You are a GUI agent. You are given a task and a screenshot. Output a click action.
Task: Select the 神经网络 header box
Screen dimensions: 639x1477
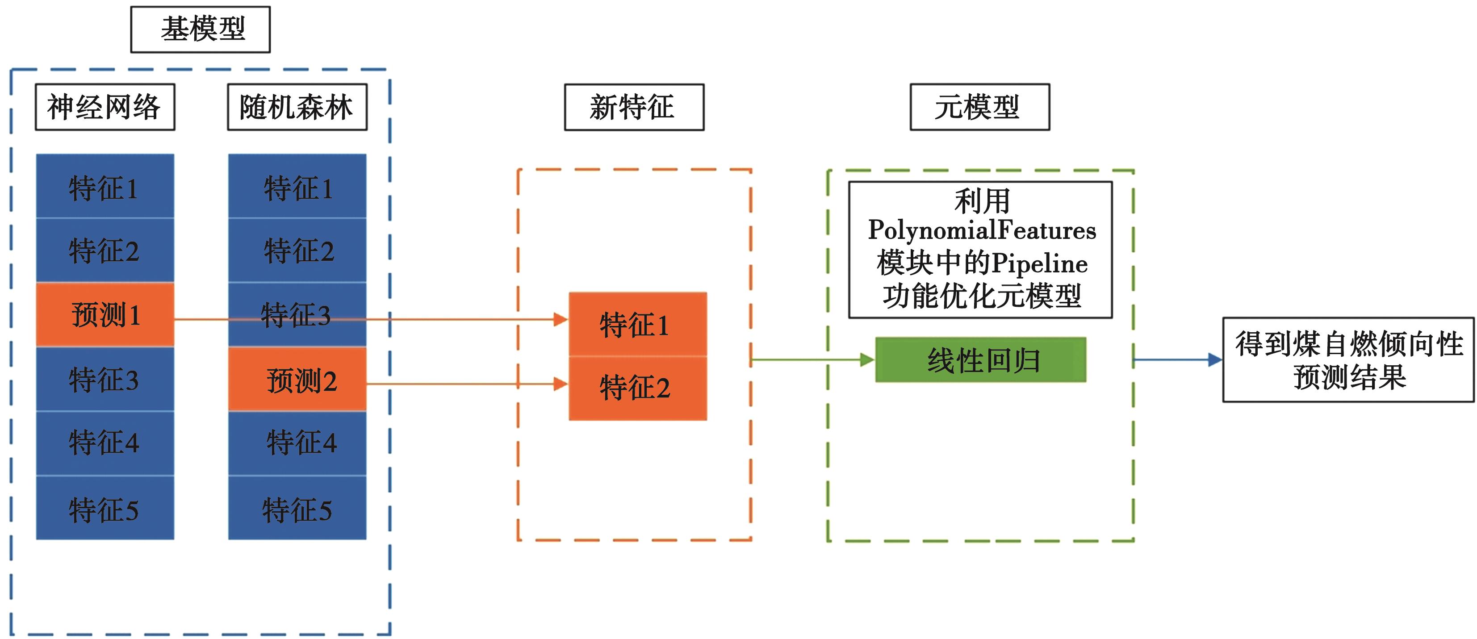tap(105, 107)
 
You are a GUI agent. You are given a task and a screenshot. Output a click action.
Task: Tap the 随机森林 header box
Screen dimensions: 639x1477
tap(297, 107)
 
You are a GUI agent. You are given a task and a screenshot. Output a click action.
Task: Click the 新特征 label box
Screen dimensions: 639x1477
tap(634, 107)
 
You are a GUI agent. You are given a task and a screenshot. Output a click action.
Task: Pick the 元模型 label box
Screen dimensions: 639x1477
tap(979, 107)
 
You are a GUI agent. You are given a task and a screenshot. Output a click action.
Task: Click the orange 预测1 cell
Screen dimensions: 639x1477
tap(105, 315)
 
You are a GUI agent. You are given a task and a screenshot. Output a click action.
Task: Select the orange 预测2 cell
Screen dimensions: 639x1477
tap(297, 380)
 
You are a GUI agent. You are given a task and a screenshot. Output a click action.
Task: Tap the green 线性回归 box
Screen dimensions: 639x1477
tap(980, 360)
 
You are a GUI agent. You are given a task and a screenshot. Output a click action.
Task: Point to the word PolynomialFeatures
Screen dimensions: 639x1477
tap(982, 230)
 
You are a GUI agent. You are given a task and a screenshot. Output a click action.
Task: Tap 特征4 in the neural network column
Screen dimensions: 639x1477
tap(105, 443)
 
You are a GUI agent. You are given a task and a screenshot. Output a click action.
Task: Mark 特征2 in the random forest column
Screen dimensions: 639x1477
tap(297, 251)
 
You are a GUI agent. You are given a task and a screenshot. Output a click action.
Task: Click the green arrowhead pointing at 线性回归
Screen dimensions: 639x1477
tap(867, 360)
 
